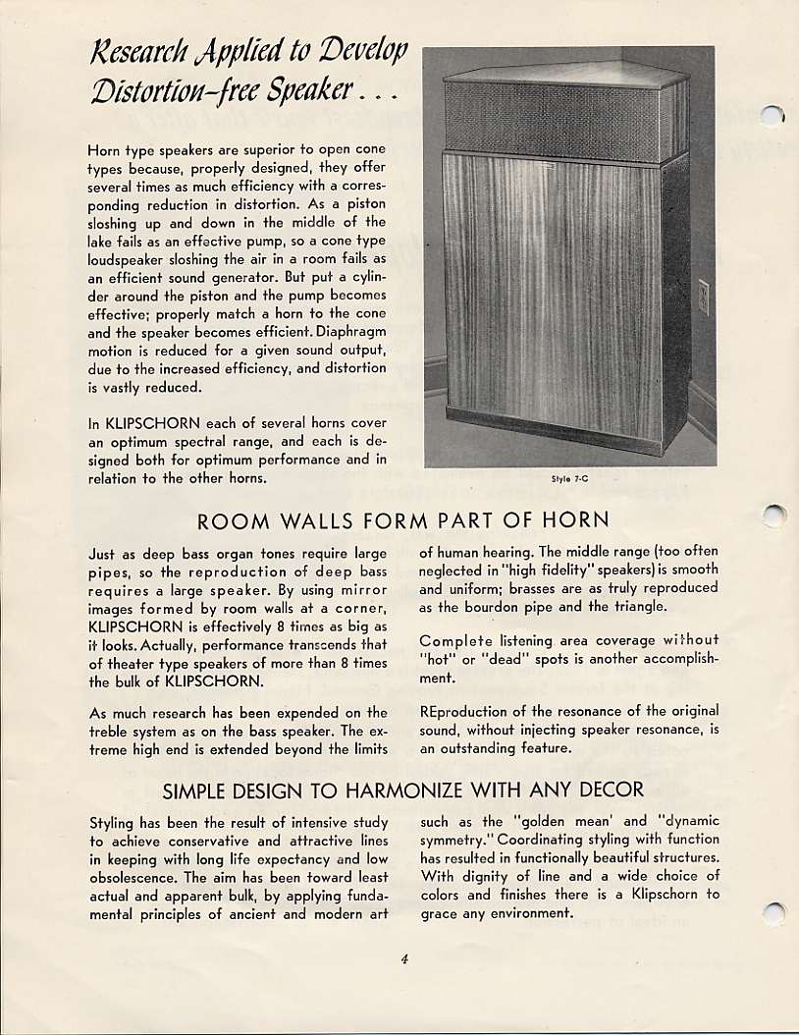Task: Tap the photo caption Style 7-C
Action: (569, 480)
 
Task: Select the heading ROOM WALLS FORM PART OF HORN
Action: (403, 520)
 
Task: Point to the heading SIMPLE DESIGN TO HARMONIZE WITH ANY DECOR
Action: (403, 790)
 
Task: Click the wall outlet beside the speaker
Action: (703, 297)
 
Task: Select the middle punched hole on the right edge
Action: (774, 516)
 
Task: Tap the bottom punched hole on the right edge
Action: (774, 913)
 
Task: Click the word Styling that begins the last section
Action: (112, 822)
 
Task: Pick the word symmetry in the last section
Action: (454, 840)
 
